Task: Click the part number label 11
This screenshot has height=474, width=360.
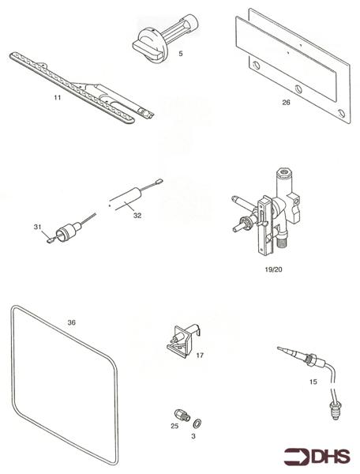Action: coord(57,97)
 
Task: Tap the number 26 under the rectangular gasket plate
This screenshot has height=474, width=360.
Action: coord(285,102)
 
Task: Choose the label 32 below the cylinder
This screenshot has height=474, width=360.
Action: coord(137,215)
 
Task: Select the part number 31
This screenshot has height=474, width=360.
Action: coord(36,227)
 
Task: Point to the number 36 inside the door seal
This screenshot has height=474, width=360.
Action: coord(72,322)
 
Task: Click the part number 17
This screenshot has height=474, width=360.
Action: coord(199,355)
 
